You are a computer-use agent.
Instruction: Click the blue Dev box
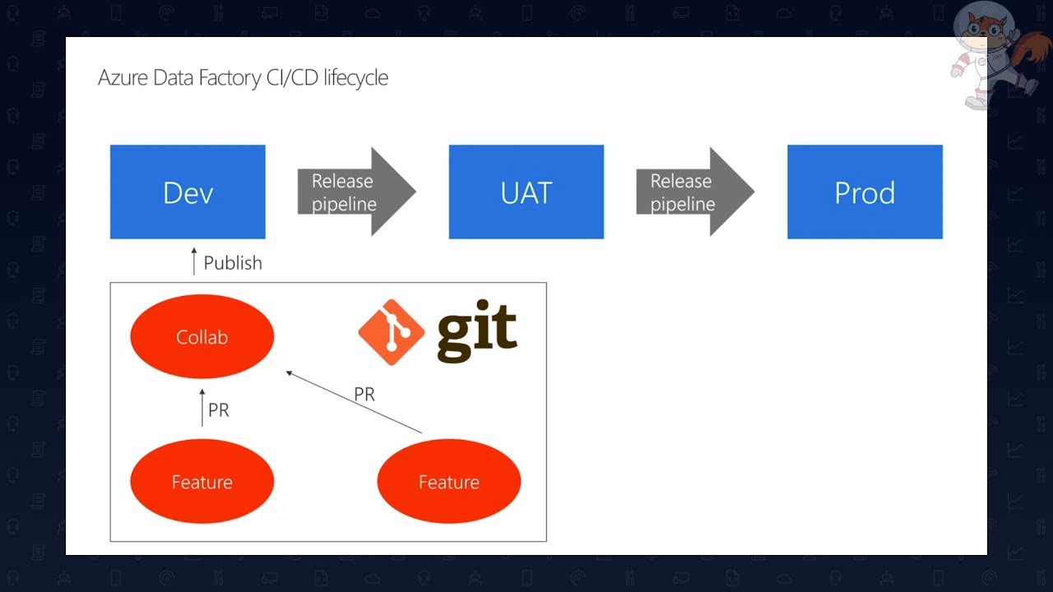click(x=188, y=192)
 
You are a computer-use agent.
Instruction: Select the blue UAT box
click(x=526, y=192)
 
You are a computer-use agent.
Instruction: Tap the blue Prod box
click(x=865, y=192)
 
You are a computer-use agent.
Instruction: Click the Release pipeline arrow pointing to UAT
click(x=355, y=192)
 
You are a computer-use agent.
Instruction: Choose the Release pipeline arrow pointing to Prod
click(x=694, y=192)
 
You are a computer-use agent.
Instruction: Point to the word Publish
click(x=233, y=263)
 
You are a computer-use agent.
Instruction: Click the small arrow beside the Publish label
click(x=194, y=261)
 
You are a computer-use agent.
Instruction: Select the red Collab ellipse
click(x=202, y=337)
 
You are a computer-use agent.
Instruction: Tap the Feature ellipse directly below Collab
click(x=202, y=482)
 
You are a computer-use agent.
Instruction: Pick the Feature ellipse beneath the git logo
click(x=448, y=482)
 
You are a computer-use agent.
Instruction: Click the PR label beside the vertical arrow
click(x=219, y=410)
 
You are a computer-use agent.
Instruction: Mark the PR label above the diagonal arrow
click(x=364, y=395)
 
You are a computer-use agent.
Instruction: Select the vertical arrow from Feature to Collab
click(x=202, y=408)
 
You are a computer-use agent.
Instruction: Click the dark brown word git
click(x=477, y=332)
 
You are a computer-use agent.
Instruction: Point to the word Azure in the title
click(x=123, y=78)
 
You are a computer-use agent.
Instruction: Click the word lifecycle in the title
click(x=355, y=78)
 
